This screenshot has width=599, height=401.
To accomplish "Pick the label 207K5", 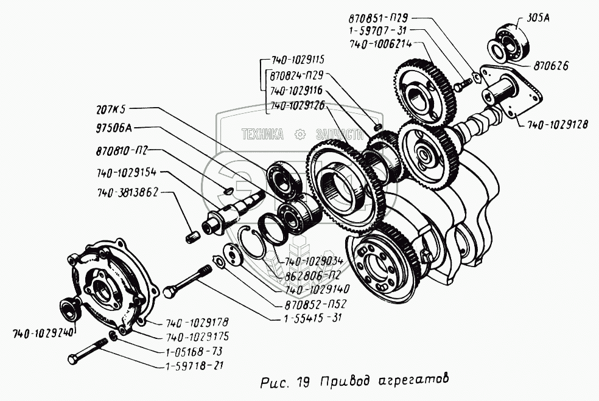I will click(111, 110).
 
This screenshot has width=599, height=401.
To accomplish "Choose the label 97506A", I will click(114, 128).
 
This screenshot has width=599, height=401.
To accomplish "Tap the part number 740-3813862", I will click(127, 191).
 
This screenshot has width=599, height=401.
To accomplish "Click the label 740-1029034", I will click(314, 261).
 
